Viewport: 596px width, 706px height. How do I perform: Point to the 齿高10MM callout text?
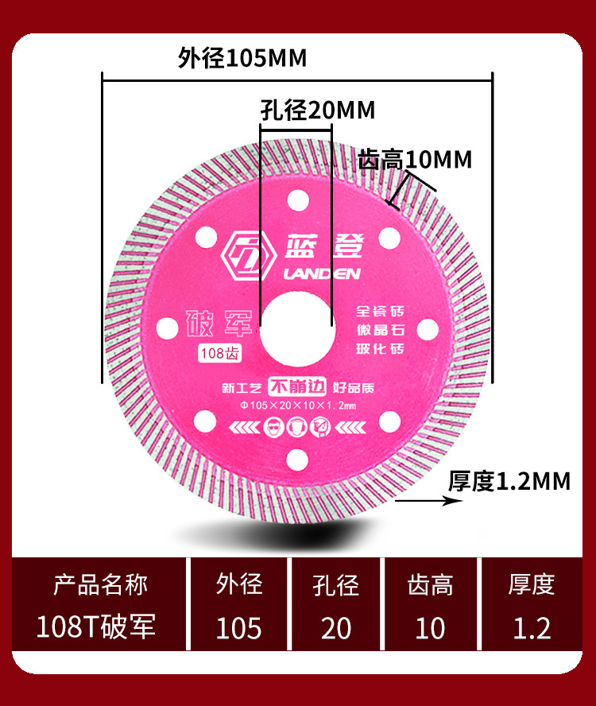click(416, 159)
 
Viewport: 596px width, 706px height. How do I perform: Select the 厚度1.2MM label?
click(509, 480)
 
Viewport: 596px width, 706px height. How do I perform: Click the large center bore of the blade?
click(296, 324)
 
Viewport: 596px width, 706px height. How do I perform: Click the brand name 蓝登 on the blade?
click(322, 246)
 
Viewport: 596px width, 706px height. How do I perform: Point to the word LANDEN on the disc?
click(322, 274)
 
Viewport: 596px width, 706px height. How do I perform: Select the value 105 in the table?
click(238, 627)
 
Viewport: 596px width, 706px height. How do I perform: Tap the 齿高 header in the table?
click(430, 586)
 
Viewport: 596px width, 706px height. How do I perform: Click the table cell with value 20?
click(336, 627)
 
